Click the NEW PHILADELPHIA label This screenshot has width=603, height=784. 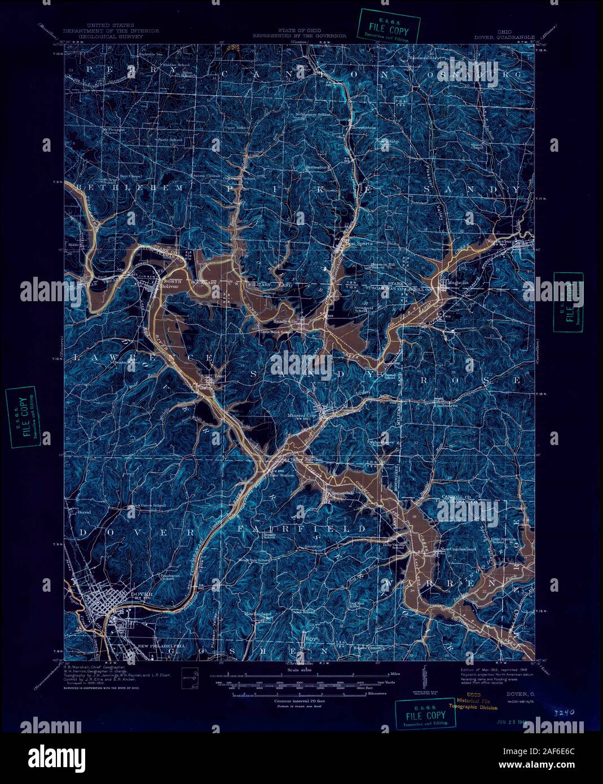pos(161,645)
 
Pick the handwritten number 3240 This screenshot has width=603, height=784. pos(560,712)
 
